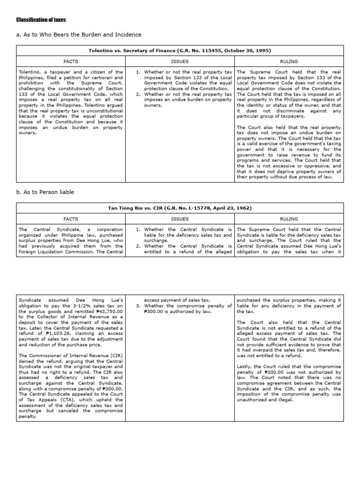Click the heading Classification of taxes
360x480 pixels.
pos(41,20)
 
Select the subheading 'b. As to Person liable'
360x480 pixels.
pos(45,192)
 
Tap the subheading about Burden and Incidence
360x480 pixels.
pos(79,35)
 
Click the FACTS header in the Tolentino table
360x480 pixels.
pos(71,61)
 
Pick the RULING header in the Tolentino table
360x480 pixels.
pos(289,61)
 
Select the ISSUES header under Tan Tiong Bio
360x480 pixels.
pos(180,219)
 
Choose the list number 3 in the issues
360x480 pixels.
pos(139,306)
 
